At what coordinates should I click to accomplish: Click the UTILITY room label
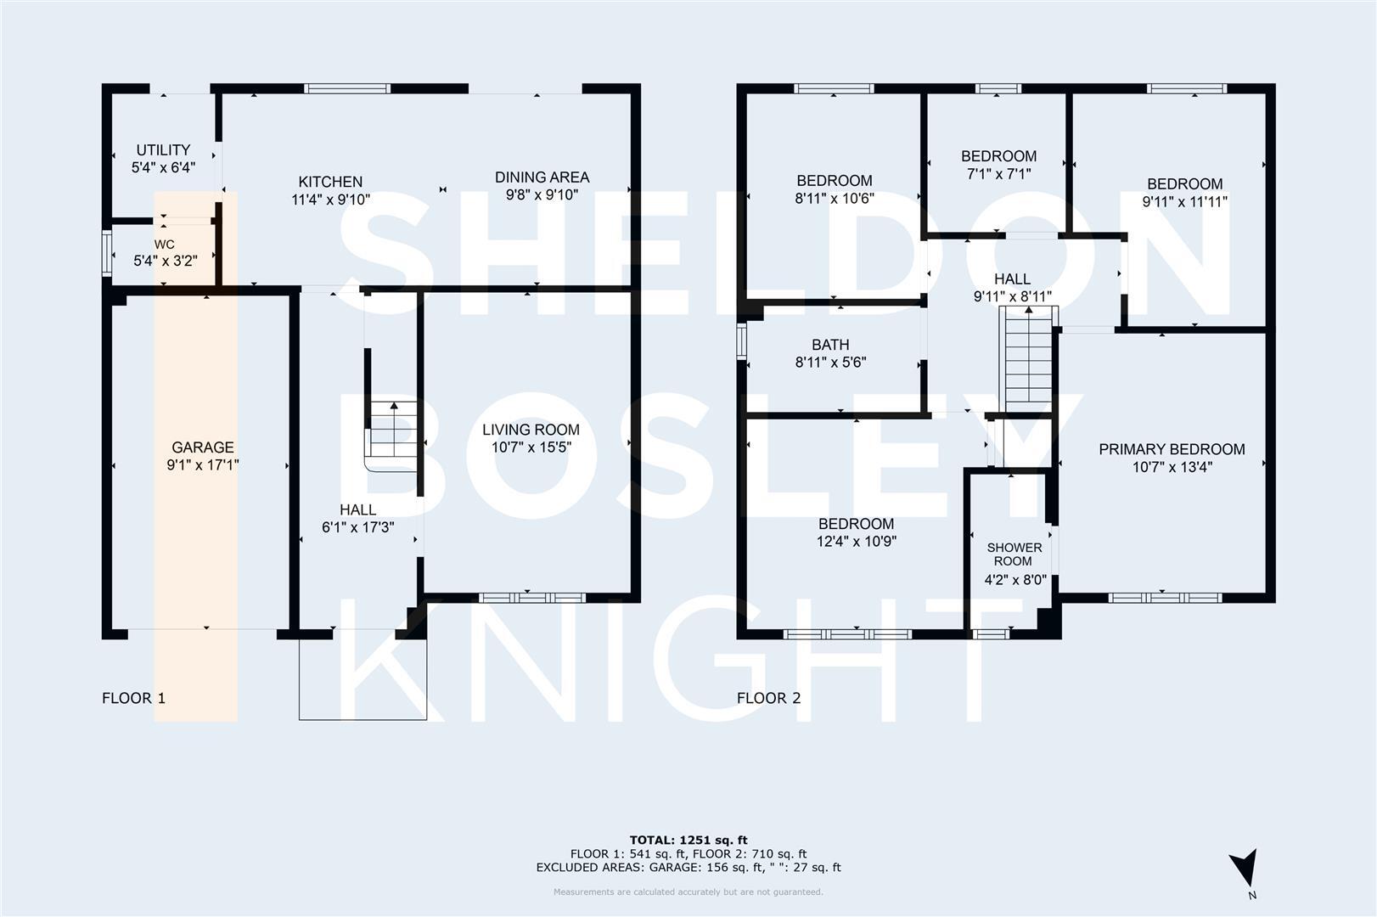(x=163, y=150)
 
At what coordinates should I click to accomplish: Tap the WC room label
(x=165, y=245)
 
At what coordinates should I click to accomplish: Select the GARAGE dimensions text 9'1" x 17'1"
(x=203, y=465)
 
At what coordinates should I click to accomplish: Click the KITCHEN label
(x=330, y=182)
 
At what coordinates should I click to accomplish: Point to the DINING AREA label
(x=542, y=177)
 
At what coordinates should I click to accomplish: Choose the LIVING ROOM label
(x=531, y=430)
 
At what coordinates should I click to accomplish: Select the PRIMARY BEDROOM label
(x=1172, y=449)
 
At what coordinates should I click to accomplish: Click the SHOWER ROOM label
(x=1014, y=554)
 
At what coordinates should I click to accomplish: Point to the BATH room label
(x=829, y=345)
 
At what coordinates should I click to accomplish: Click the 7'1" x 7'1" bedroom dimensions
(x=998, y=174)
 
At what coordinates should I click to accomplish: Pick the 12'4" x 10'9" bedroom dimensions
(x=857, y=542)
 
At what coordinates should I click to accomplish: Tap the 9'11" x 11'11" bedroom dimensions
(x=1184, y=202)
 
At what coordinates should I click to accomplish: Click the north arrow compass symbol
(x=1245, y=869)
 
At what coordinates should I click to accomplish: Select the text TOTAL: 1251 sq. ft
(x=688, y=841)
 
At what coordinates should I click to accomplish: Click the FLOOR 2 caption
(x=768, y=699)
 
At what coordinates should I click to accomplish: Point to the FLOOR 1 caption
(x=133, y=699)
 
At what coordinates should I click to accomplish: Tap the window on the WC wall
(x=107, y=253)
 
